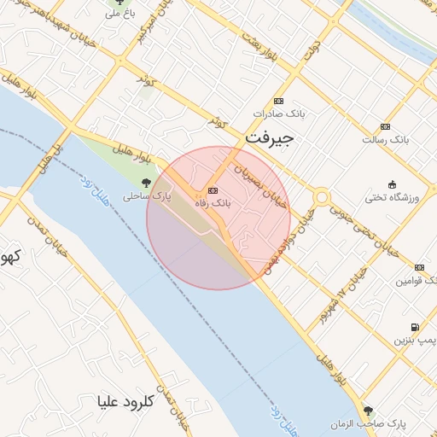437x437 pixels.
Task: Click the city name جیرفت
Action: tap(269, 137)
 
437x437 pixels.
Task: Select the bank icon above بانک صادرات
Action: tap(279, 101)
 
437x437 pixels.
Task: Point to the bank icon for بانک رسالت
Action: tap(385, 126)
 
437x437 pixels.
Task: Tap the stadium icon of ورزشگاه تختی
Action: tap(392, 185)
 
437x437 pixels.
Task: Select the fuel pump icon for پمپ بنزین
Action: tap(415, 327)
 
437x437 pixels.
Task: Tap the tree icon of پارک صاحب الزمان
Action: tap(369, 411)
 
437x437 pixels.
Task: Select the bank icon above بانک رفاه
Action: tap(213, 190)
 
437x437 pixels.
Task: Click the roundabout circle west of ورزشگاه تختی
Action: tap(321, 198)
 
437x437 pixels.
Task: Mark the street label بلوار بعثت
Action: tap(259, 50)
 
